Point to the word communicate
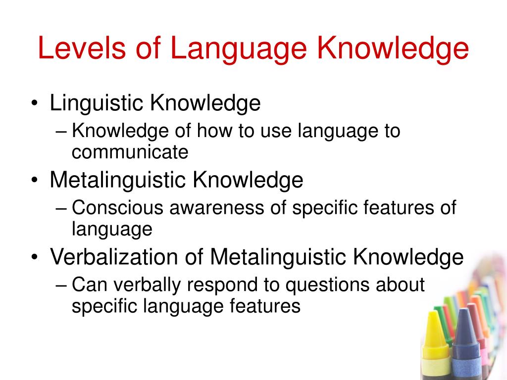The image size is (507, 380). click(x=130, y=152)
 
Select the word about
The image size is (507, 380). click(x=401, y=285)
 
